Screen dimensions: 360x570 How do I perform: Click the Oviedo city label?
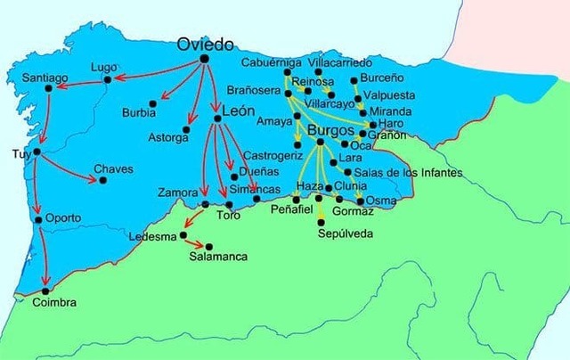click(x=205, y=44)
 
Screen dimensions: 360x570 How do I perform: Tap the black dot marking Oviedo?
click(x=204, y=59)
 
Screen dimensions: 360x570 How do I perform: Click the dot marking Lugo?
click(x=108, y=80)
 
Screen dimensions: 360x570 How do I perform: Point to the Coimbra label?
click(x=53, y=303)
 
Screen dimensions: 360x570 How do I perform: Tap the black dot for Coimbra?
click(x=45, y=290)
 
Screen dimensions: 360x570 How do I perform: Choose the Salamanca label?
click(x=217, y=257)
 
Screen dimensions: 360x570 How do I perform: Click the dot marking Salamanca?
click(x=209, y=246)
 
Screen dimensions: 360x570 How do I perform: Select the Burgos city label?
click(x=330, y=130)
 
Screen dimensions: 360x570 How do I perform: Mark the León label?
click(x=232, y=110)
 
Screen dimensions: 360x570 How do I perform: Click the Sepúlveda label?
click(x=345, y=233)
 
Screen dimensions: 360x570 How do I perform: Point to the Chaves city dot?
click(x=102, y=180)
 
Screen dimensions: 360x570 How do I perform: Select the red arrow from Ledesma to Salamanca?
click(x=196, y=241)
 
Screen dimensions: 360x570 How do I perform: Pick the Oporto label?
click(x=63, y=217)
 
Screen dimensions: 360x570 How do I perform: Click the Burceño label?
click(x=380, y=79)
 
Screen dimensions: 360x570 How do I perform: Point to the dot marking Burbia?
click(x=153, y=103)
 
